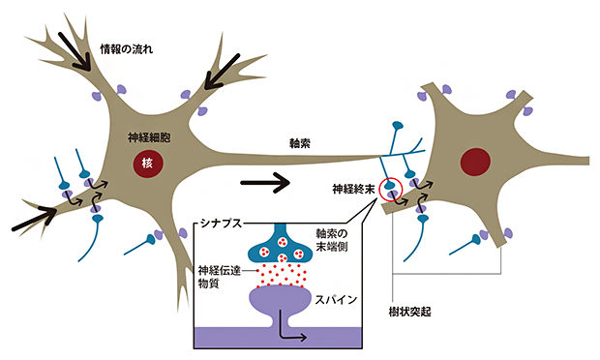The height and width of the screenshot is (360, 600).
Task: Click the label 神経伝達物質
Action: tap(218, 277)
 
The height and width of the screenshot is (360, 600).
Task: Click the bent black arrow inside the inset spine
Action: tap(290, 333)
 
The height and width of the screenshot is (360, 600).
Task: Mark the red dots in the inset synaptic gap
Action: tap(281, 277)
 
